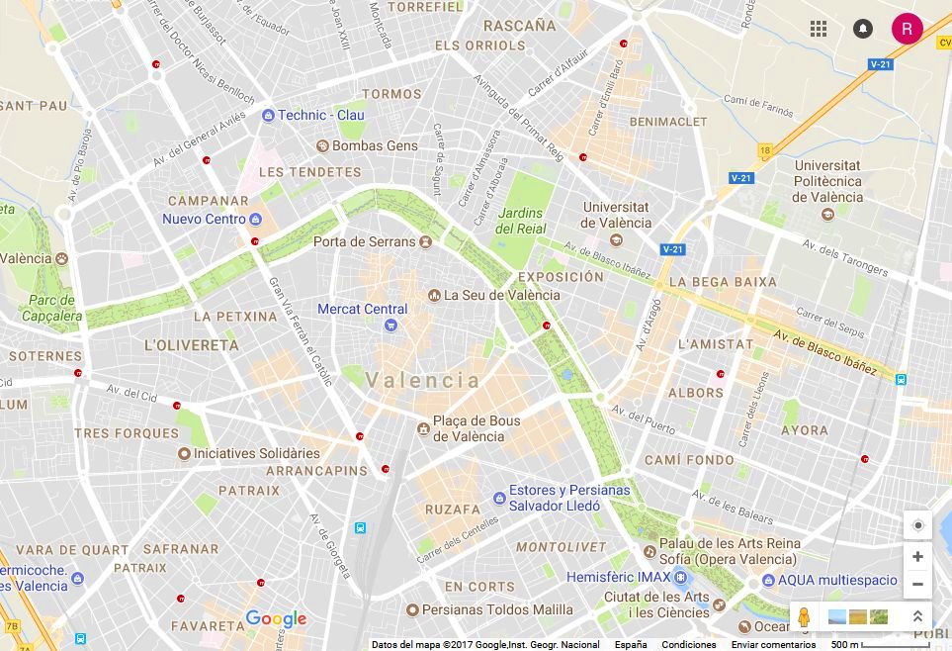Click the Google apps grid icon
tap(819, 29)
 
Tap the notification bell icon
tap(863, 29)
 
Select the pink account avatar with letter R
tap(907, 29)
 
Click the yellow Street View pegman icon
tap(805, 616)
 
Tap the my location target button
tap(917, 525)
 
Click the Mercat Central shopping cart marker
tap(391, 325)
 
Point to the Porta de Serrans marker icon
tap(425, 241)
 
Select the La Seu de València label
tap(501, 295)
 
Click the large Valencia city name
tap(423, 380)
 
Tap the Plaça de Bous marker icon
tap(423, 428)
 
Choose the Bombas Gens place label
tap(375, 145)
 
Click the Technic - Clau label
tap(320, 115)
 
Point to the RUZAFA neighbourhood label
tap(452, 510)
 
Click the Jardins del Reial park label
tap(521, 221)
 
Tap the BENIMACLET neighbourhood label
tap(668, 122)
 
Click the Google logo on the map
tap(276, 619)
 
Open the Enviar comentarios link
tap(773, 644)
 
